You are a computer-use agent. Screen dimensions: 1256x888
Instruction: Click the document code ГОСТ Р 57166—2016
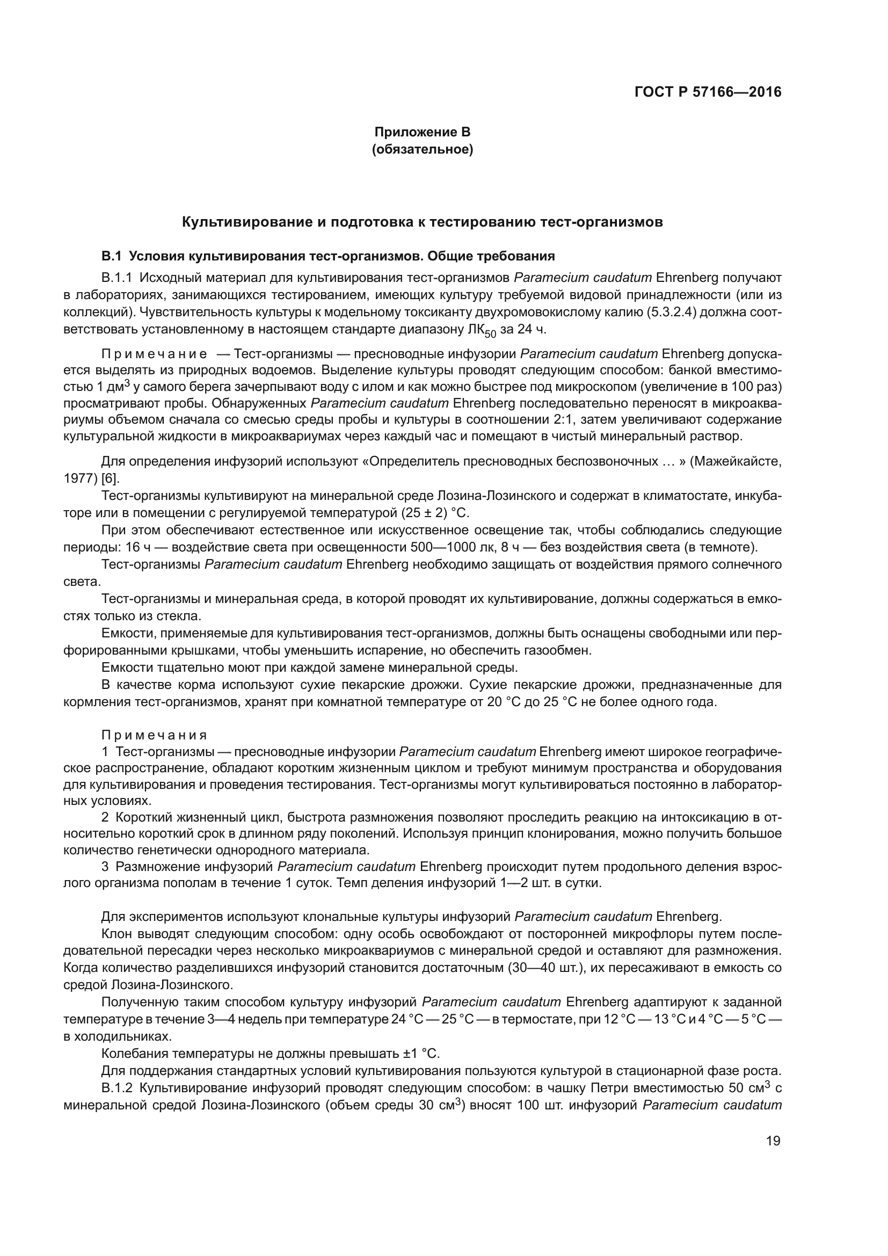(x=708, y=92)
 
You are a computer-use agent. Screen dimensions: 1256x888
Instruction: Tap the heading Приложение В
(x=421, y=132)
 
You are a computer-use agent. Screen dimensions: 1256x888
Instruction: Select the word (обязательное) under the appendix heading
(x=421, y=149)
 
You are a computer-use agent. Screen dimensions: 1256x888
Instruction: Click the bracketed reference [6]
(x=111, y=478)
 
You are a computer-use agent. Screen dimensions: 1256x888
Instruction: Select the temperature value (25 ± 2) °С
(x=434, y=513)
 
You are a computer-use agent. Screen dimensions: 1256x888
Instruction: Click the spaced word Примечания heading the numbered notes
(x=154, y=735)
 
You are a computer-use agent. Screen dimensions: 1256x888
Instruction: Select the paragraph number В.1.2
(x=117, y=1087)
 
